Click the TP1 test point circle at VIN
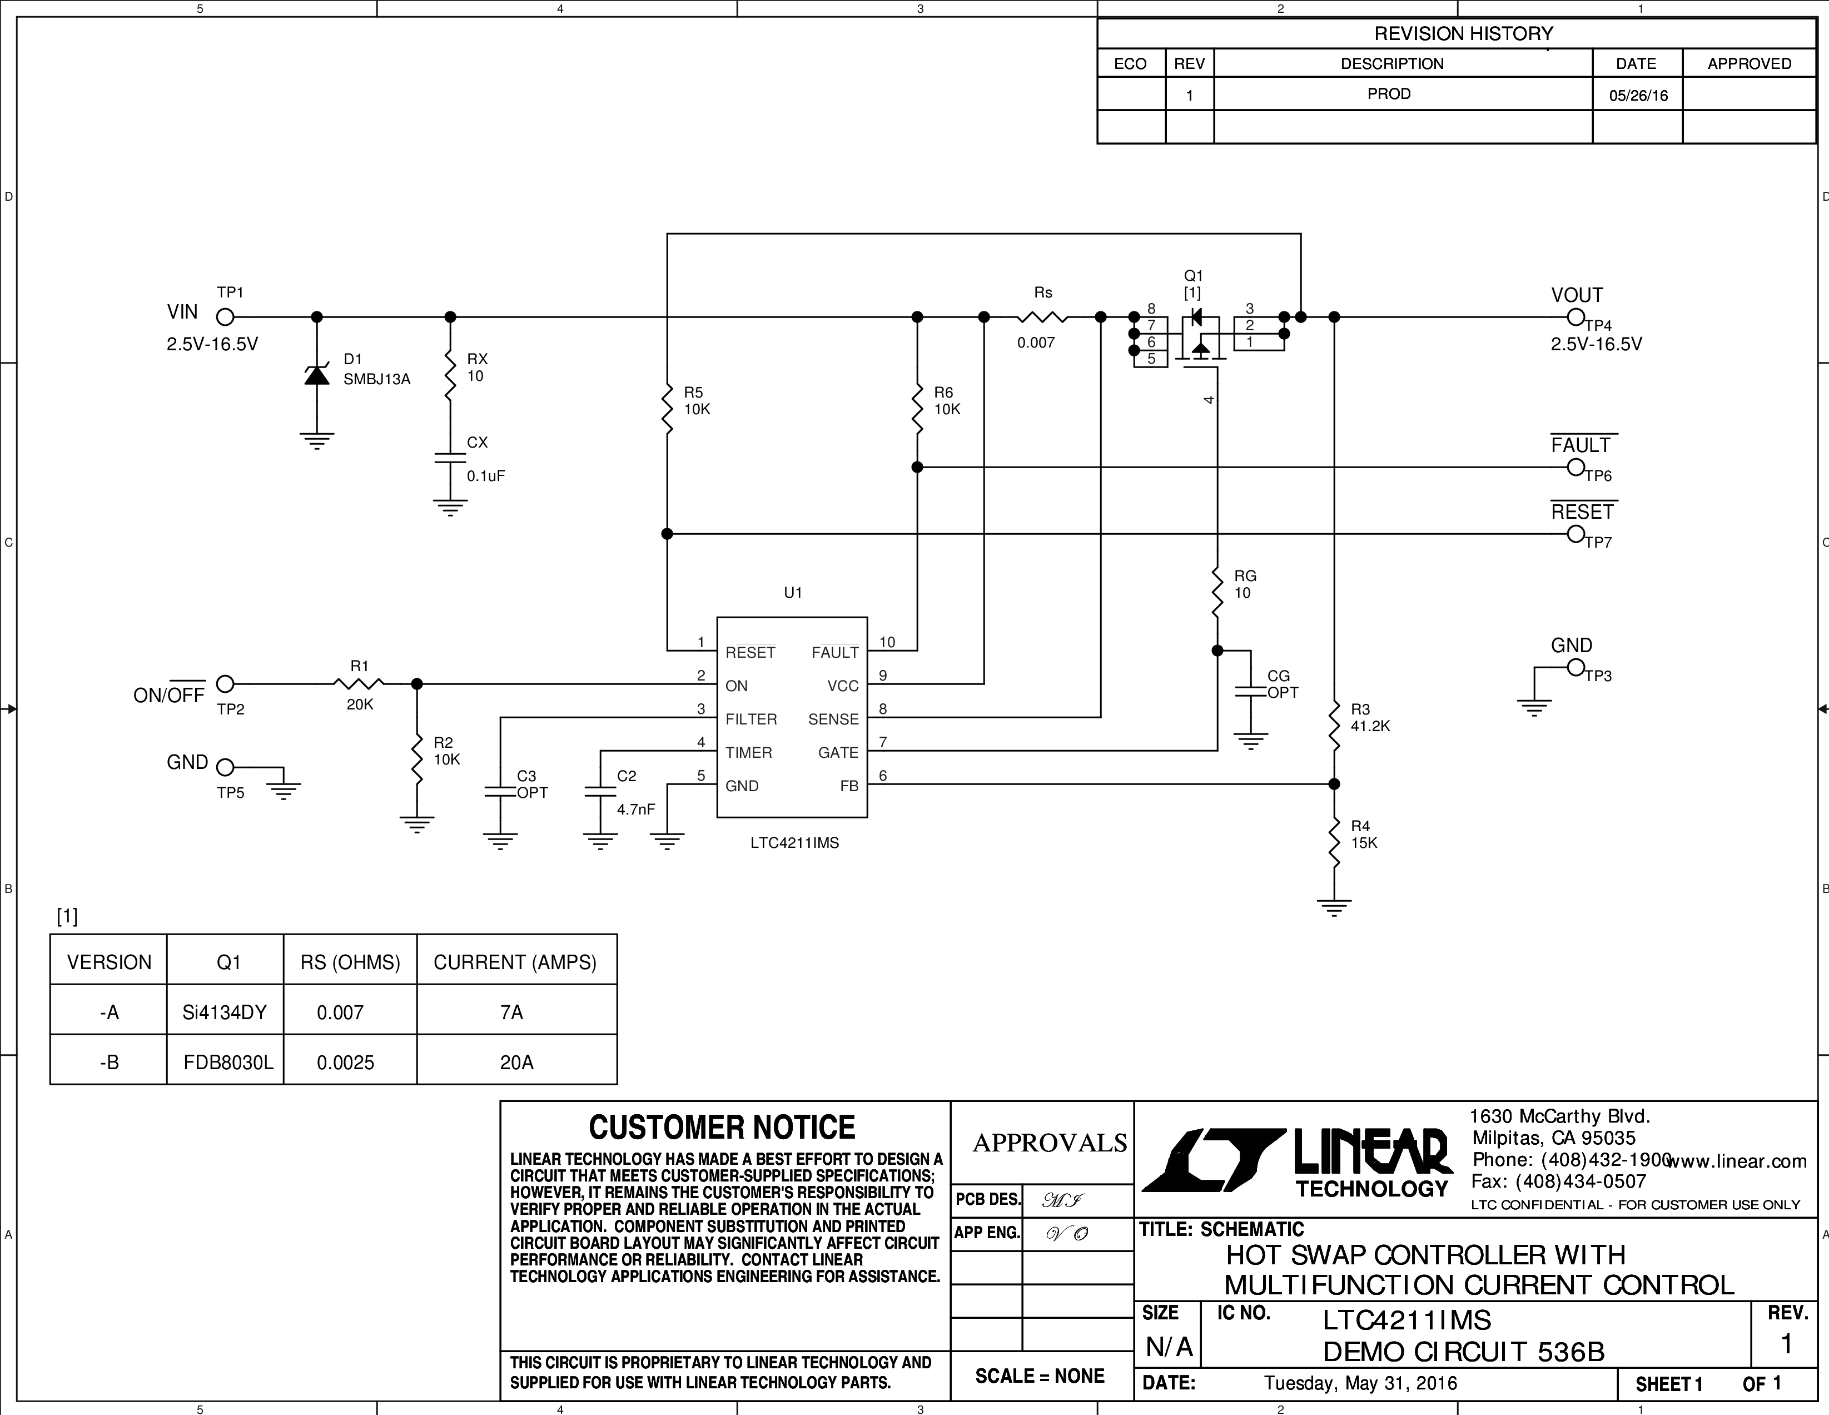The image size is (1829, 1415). click(225, 317)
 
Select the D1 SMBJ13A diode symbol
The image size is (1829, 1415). click(316, 375)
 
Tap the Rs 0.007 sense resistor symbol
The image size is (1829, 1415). click(1042, 317)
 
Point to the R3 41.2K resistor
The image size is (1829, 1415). click(1334, 726)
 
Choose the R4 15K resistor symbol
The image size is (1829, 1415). click(1334, 842)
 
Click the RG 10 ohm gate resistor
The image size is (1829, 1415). click(1217, 592)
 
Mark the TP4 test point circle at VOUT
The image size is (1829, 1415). click(1576, 317)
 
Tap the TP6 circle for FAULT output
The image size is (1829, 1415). click(1576, 468)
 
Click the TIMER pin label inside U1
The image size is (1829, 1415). click(749, 752)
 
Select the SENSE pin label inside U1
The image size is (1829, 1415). click(833, 719)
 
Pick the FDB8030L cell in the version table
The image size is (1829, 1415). click(228, 1063)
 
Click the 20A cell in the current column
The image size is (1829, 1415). click(516, 1063)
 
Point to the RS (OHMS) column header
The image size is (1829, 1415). click(350, 962)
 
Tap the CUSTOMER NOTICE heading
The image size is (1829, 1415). click(722, 1128)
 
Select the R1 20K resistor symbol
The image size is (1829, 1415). click(359, 684)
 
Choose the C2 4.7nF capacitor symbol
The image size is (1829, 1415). click(600, 792)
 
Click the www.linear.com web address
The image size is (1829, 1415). click(1737, 1161)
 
